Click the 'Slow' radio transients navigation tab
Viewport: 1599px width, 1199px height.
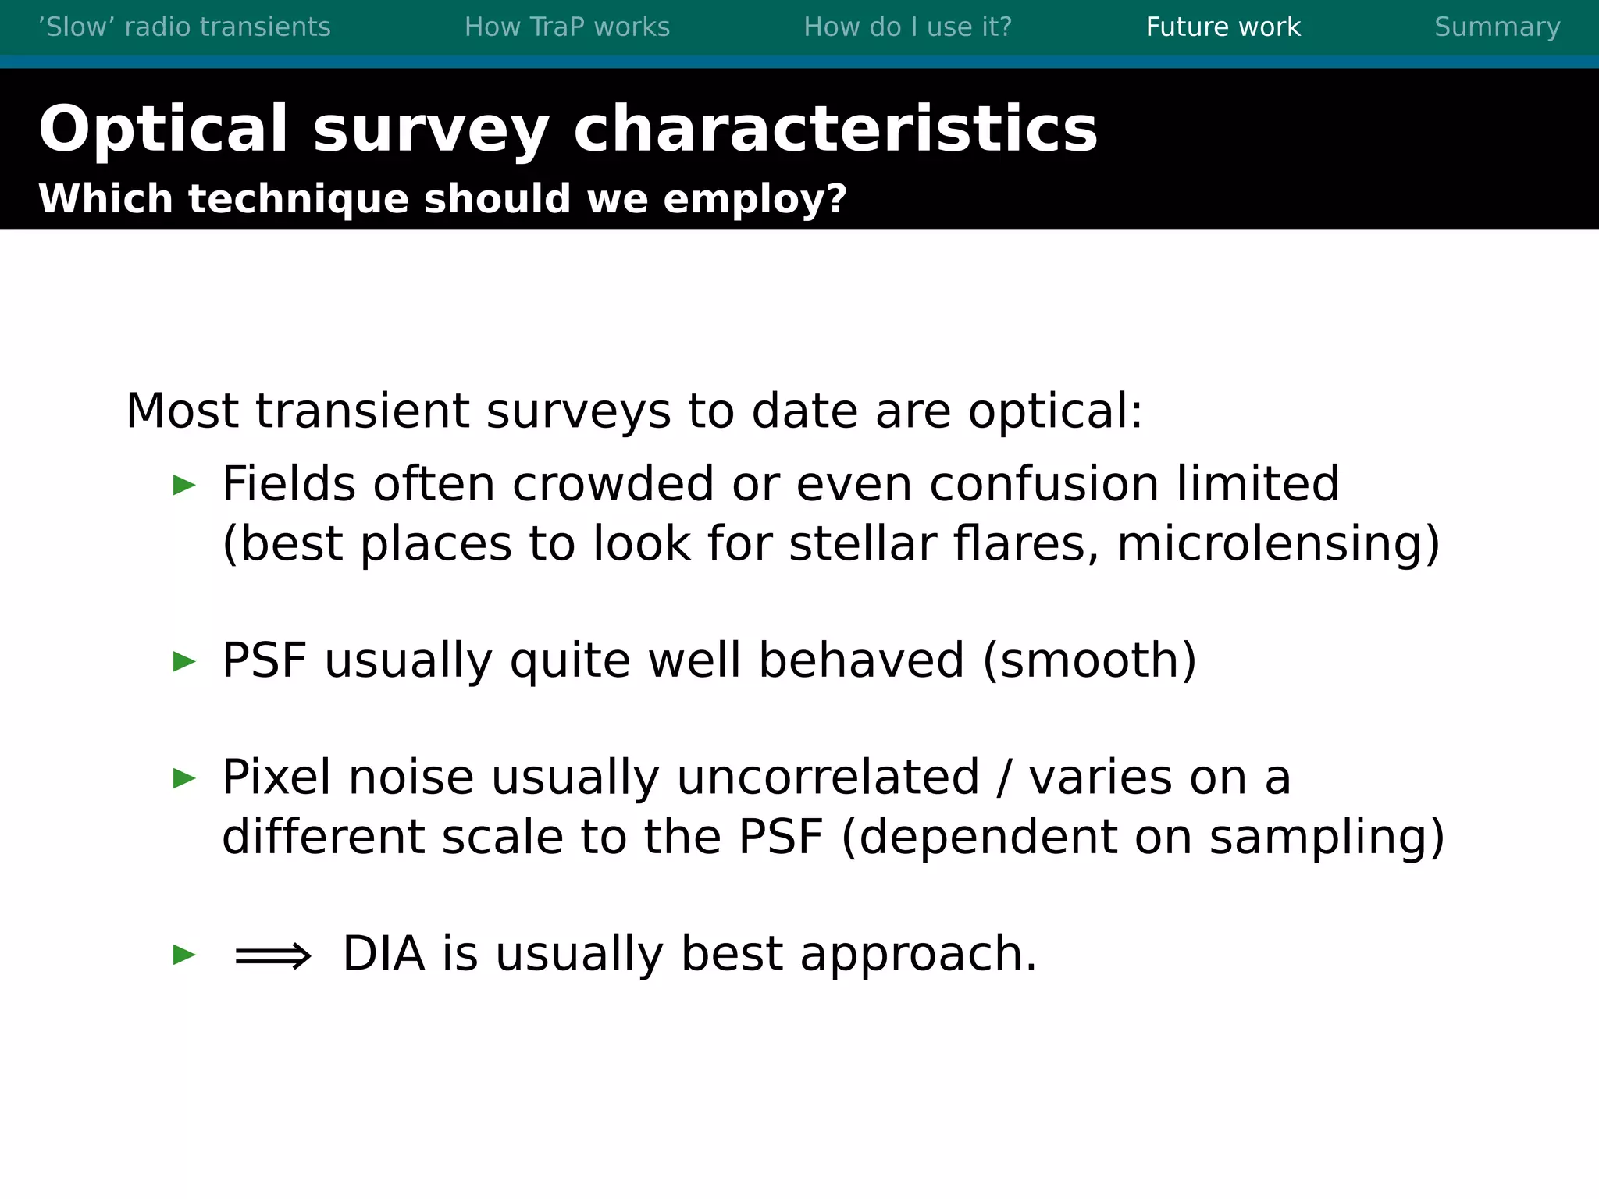click(184, 27)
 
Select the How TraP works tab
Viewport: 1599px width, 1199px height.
click(567, 27)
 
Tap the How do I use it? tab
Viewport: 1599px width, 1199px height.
click(907, 27)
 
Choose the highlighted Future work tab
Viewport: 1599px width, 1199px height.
click(1223, 27)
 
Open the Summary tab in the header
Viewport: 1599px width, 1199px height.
click(1497, 27)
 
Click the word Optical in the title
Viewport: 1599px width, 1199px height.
click(163, 130)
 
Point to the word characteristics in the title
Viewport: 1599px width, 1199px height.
click(835, 130)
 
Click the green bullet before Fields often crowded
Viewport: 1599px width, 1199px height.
click(184, 486)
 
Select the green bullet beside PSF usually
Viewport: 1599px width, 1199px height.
click(184, 662)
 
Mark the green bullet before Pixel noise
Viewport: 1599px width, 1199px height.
click(184, 778)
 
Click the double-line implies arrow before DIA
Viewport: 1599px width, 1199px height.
click(272, 955)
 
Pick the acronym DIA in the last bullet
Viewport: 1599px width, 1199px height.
click(383, 954)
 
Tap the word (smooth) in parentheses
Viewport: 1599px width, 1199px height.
click(1089, 661)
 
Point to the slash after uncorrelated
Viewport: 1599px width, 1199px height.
click(1004, 778)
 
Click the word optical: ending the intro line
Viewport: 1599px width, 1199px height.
click(1055, 412)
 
